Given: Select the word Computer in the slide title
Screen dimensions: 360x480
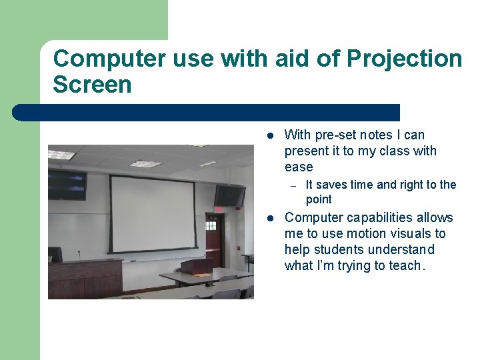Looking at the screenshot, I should [109, 59].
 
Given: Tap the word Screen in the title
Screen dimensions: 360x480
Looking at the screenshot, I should [92, 85].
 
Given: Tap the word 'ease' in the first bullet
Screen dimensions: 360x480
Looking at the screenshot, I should [298, 167].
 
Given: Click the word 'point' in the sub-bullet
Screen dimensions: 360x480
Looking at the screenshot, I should [319, 199].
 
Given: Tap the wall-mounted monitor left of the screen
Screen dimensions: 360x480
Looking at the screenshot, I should [67, 185].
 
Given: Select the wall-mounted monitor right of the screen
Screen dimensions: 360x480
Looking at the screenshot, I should [229, 196].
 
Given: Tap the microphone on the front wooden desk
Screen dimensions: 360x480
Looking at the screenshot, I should [79, 255].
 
